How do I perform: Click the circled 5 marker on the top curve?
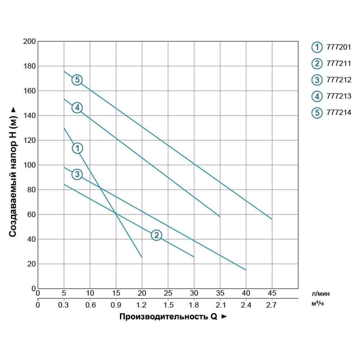click(77, 80)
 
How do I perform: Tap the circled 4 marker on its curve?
click(77, 107)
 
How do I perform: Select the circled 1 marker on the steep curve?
click(77, 148)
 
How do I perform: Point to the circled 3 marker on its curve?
click(77, 175)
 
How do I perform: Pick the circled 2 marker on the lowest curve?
click(156, 235)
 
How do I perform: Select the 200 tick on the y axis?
click(29, 41)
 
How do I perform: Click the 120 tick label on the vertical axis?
click(29, 140)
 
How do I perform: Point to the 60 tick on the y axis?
click(31, 215)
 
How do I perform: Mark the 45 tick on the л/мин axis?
click(272, 293)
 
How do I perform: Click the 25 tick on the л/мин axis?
click(168, 293)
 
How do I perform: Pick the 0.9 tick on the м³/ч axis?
click(116, 305)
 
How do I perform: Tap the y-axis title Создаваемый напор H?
click(13, 172)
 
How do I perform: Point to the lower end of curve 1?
click(142, 257)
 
